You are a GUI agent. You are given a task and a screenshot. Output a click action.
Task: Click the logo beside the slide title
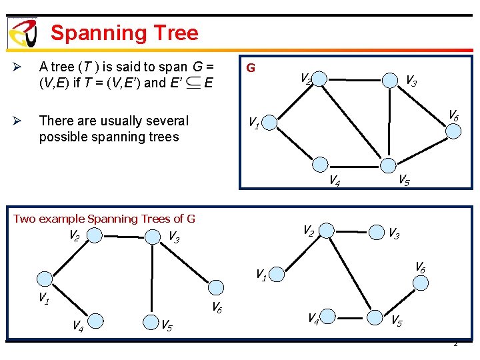pos(22,32)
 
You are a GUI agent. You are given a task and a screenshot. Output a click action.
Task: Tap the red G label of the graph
pos(251,68)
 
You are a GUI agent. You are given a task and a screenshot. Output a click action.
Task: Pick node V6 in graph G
pos(453,129)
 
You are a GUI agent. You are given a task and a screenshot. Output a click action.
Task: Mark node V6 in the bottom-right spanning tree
pos(421,282)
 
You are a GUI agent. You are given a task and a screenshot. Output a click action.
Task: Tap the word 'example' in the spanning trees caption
pos(61,219)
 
